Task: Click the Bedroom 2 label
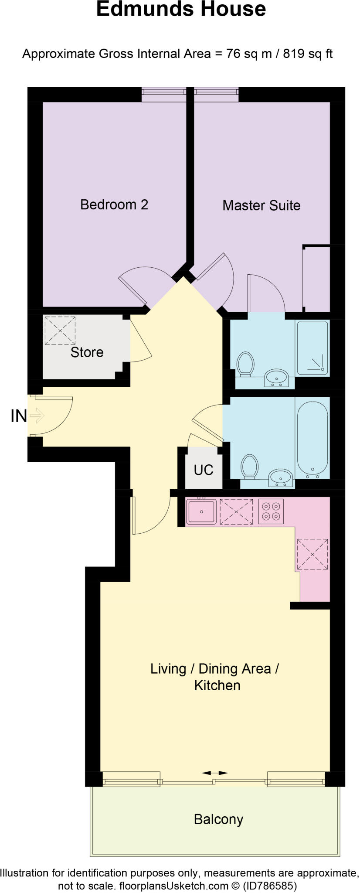tap(114, 205)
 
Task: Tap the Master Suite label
tap(261, 205)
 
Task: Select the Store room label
tap(87, 352)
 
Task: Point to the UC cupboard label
tap(204, 470)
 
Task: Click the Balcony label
tap(218, 819)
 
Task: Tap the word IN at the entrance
tap(18, 416)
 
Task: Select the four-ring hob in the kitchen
tap(271, 511)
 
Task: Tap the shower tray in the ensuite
tap(312, 348)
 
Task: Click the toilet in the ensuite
tap(245, 363)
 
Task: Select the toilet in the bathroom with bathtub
tap(249, 466)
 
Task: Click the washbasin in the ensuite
tap(276, 377)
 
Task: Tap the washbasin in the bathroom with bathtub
tap(281, 477)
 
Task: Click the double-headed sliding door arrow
tap(215, 773)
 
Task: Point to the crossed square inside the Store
tap(60, 330)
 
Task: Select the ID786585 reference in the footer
tap(271, 886)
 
